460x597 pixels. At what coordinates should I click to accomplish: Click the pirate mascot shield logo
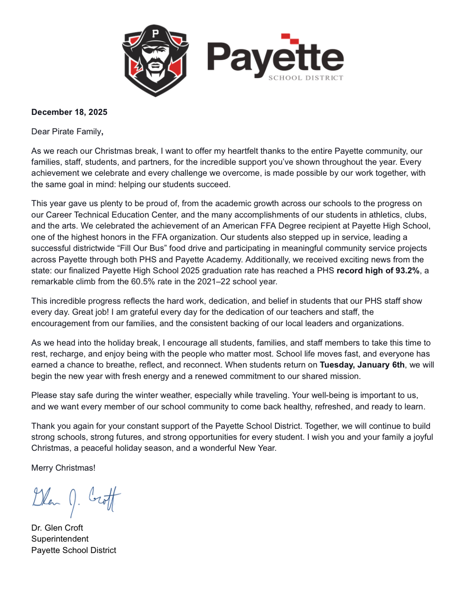(155, 60)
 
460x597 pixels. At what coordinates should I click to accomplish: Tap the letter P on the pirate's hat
(155, 33)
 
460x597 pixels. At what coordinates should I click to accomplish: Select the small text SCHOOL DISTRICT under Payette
(306, 78)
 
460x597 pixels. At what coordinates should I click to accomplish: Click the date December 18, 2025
(69, 112)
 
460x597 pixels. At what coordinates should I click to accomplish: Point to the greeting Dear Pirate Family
(67, 131)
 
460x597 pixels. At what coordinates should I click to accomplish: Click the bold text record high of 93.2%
(378, 270)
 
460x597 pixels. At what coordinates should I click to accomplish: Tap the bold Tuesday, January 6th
(362, 365)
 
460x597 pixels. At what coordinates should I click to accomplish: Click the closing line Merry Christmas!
(63, 468)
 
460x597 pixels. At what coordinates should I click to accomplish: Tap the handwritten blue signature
(76, 499)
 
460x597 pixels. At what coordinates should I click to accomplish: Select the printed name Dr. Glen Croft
(57, 528)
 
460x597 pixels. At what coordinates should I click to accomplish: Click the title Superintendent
(60, 539)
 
